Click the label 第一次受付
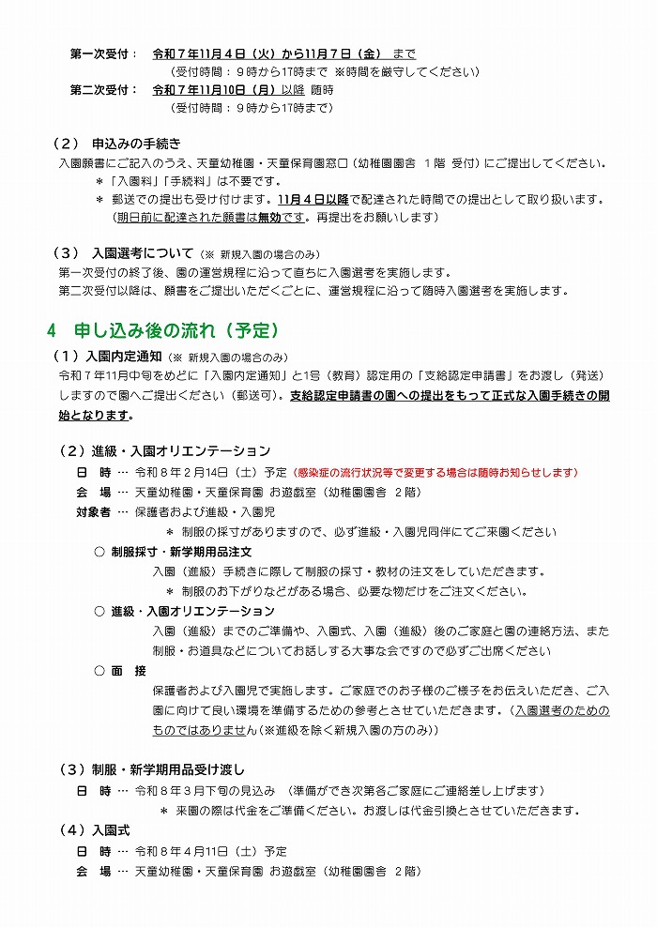click(x=103, y=53)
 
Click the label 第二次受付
click(x=103, y=90)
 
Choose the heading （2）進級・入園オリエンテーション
click(x=165, y=451)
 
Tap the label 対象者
click(x=93, y=511)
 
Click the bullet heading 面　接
click(x=129, y=671)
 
